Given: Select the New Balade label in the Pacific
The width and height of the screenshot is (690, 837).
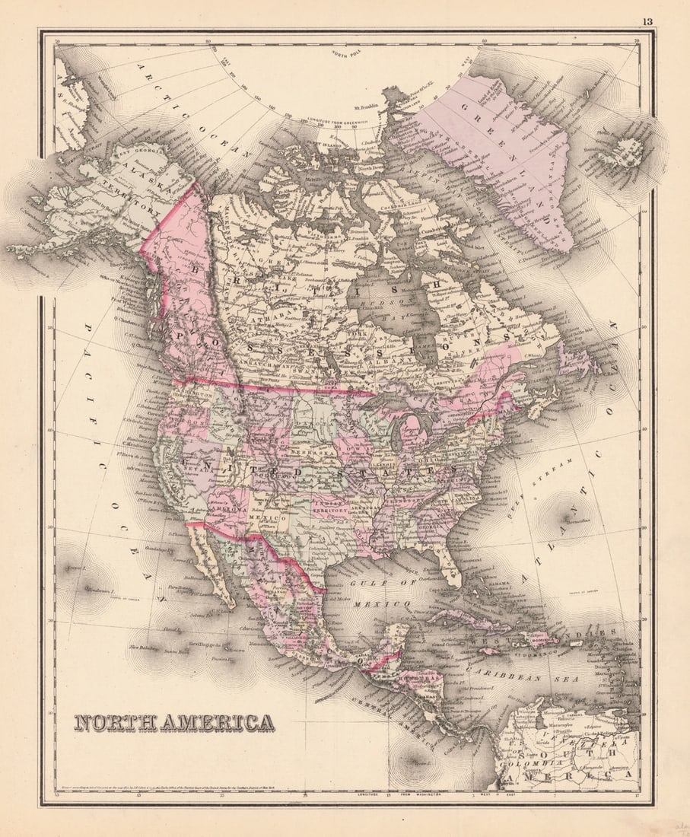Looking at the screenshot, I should click(x=142, y=648).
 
